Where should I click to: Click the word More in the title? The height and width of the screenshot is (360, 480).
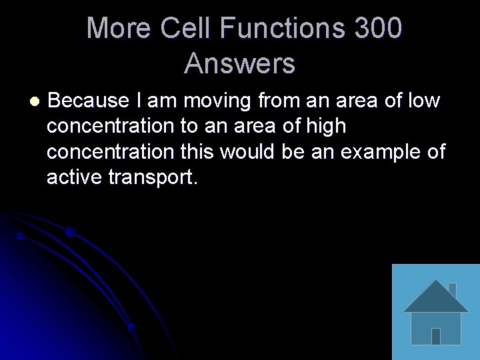(119, 29)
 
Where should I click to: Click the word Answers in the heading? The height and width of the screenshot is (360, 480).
(239, 64)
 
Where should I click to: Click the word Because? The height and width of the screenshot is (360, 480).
(88, 101)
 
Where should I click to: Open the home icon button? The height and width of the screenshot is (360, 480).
(435, 312)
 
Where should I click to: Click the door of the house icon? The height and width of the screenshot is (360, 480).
(435, 335)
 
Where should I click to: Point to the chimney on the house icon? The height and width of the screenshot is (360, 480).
(452, 290)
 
